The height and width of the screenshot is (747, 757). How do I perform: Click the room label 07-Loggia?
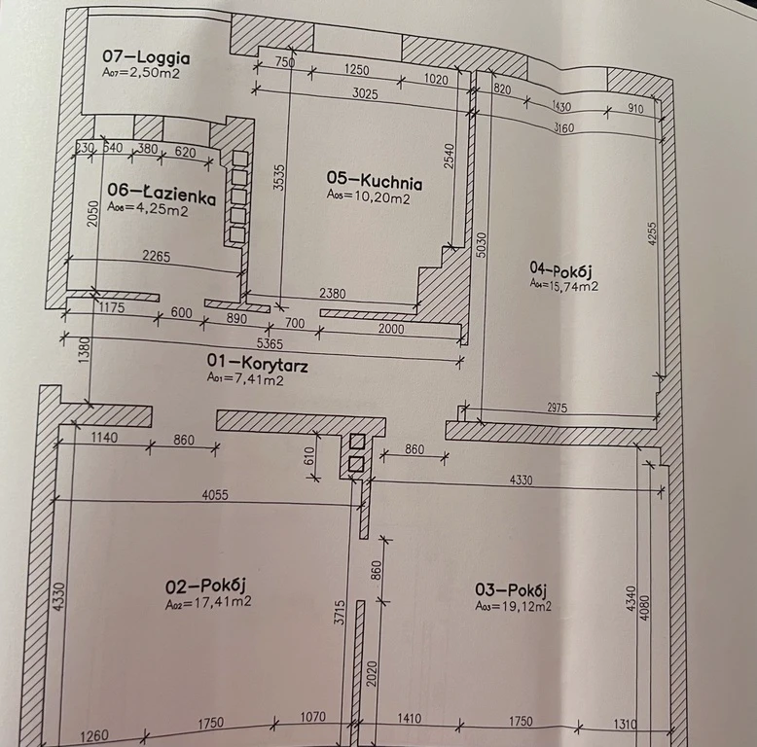146,57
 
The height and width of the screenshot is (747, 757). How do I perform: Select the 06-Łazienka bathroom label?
162,194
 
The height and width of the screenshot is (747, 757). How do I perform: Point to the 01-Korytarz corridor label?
257,363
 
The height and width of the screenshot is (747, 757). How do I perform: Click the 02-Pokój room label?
206,586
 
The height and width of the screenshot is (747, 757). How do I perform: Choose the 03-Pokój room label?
511,589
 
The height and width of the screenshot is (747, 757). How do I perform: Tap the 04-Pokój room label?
561,269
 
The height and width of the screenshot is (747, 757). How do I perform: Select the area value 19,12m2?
527,606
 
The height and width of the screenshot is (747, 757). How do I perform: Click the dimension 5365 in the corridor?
270,343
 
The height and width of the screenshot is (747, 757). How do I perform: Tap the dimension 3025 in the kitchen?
365,93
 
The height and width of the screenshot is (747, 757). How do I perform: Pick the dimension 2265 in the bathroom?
157,255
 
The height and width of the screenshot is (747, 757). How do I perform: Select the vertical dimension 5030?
482,245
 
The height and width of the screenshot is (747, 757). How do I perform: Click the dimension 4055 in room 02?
215,495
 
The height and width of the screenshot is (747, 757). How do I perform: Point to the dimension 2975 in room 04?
558,408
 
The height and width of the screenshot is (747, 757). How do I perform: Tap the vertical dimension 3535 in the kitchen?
279,178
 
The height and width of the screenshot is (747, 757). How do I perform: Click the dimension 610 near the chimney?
309,456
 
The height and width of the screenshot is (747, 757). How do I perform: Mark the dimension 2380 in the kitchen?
333,293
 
